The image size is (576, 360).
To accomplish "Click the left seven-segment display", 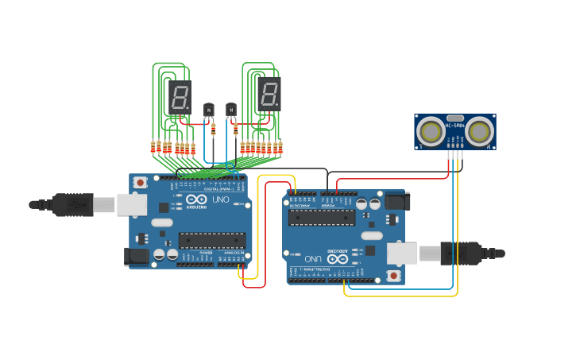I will point(179,97).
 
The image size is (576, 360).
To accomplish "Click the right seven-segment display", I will point(269,95).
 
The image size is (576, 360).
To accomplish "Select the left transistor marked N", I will point(209,109).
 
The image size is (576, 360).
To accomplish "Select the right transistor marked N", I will point(231,109).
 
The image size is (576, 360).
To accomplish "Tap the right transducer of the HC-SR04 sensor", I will point(479,131).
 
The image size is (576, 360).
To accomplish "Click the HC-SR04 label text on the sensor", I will point(455,126).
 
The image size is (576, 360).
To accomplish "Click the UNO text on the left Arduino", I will point(220,199).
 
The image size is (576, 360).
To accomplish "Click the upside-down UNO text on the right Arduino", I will point(313,259).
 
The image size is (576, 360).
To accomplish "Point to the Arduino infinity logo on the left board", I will point(196,199).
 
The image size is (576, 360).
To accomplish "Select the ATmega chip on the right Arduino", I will point(322,218).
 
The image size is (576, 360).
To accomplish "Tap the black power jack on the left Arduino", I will point(136,255).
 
